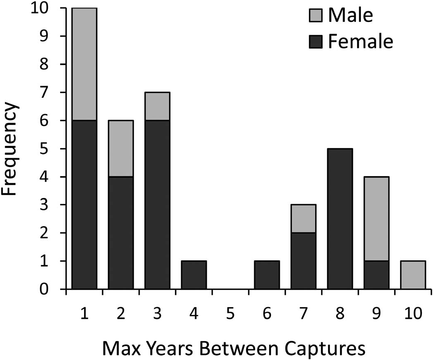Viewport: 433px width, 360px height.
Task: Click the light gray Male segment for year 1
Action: pos(84,64)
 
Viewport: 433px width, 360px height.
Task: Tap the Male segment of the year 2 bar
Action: pos(121,149)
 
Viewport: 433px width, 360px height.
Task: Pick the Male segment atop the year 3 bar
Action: pos(157,107)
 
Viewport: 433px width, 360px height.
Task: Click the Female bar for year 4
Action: pos(194,275)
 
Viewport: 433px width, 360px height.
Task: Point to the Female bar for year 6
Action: pos(267,275)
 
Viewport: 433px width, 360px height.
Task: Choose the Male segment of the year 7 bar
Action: pos(303,219)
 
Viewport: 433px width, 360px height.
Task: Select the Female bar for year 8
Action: pos(339,219)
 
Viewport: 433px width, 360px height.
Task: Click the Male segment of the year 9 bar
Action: pos(376,219)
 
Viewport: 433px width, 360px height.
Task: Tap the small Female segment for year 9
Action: pos(376,275)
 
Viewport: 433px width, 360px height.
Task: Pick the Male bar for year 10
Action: pos(412,275)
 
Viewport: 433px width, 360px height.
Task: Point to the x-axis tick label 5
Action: pos(230,315)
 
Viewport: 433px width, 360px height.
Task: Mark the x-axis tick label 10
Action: pos(412,315)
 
